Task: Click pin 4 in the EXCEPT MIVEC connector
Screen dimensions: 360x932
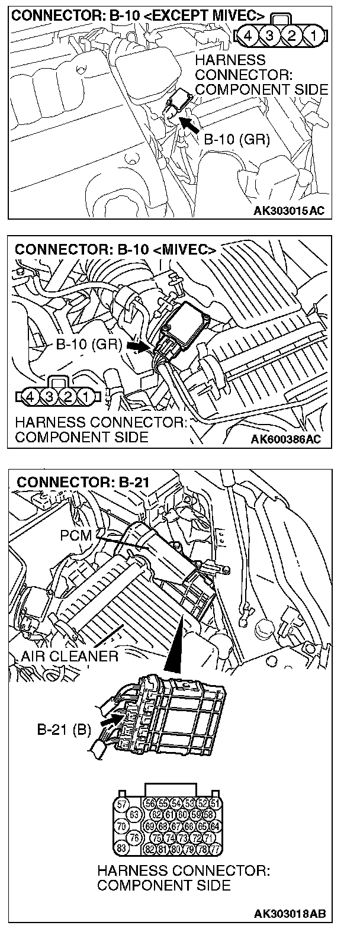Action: (248, 36)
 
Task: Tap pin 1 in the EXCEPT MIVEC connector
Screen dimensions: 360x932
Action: (314, 36)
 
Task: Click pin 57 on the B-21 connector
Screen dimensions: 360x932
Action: (121, 804)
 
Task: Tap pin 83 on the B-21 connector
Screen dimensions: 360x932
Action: (121, 847)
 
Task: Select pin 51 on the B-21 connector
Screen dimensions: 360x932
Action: (215, 804)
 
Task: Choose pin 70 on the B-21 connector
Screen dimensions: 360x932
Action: (121, 825)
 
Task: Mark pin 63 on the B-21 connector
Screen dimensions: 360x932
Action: (134, 814)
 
